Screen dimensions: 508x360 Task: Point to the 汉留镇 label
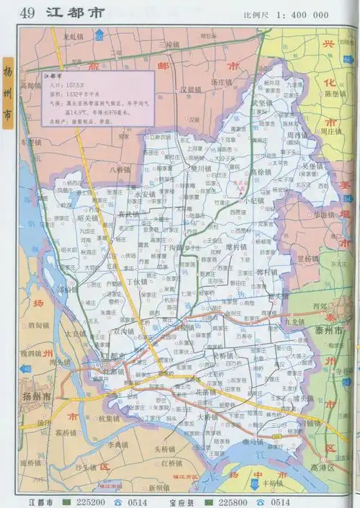tap(192, 90)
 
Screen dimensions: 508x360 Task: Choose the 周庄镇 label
tap(332, 132)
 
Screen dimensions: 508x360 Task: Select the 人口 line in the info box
tap(58, 84)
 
